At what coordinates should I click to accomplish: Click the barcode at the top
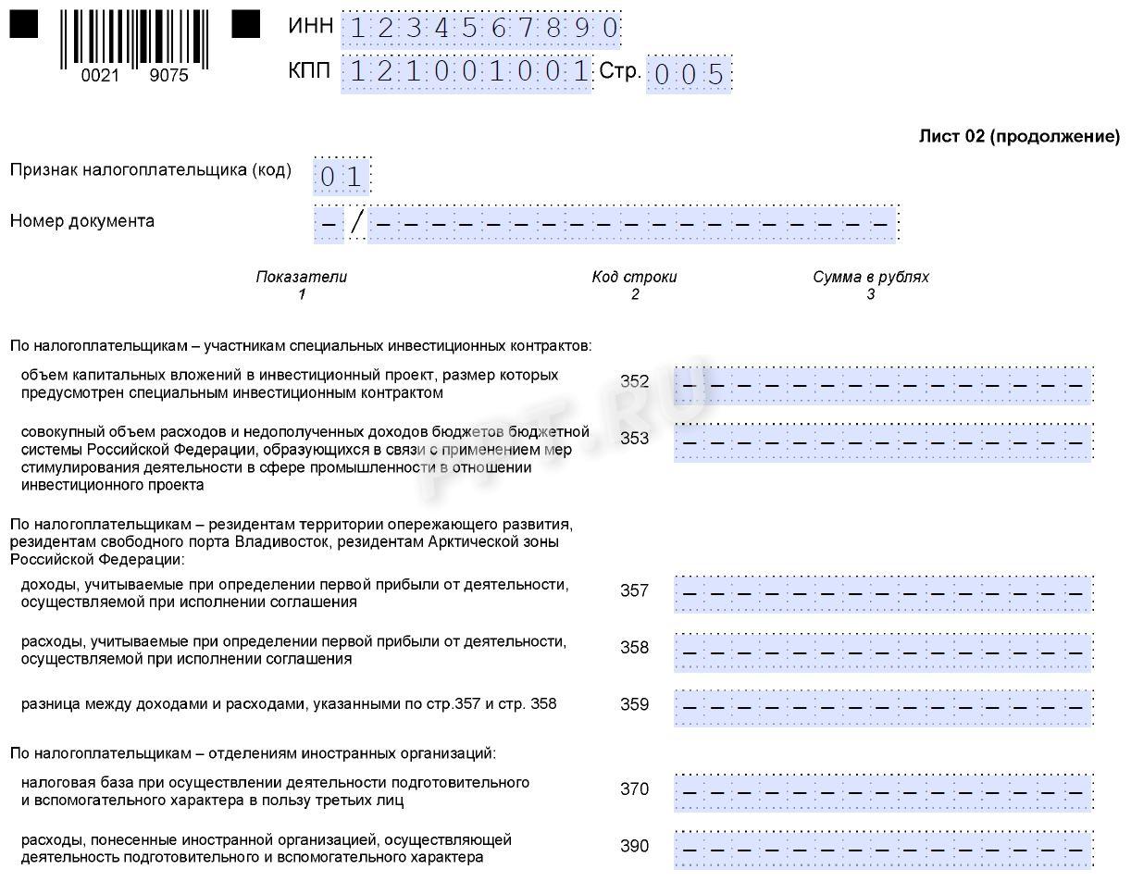tap(134, 40)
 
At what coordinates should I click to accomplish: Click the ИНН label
tap(311, 26)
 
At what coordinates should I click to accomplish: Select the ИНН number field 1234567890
tap(481, 29)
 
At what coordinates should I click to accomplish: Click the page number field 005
tap(689, 74)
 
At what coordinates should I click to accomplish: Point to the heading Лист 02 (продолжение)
tap(1018, 137)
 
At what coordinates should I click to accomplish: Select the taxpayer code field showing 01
tap(342, 176)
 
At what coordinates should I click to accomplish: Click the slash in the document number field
tap(356, 222)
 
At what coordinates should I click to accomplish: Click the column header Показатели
tap(302, 277)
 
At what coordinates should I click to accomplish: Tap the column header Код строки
tap(634, 277)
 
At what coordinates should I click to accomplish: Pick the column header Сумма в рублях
tap(871, 277)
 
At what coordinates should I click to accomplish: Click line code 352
tap(634, 382)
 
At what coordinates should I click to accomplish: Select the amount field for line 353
tap(883, 441)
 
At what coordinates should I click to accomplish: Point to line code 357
tap(634, 590)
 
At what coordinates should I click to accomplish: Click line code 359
tap(634, 704)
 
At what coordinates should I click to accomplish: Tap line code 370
tap(634, 789)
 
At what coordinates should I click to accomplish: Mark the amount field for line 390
tap(883, 849)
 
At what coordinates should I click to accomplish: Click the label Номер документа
tap(82, 221)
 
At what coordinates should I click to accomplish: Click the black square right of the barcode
tap(245, 24)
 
